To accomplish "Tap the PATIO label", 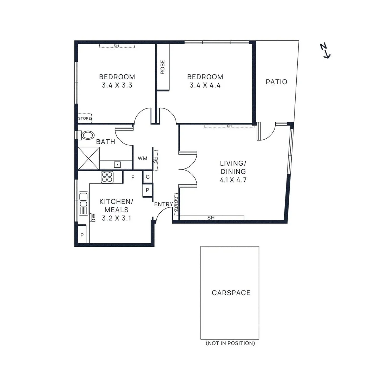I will [276, 82].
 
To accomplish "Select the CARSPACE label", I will [231, 293].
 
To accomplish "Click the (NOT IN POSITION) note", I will [230, 343].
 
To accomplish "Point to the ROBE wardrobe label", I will [163, 67].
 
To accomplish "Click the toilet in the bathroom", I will [87, 135].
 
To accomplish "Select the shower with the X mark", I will [88, 158].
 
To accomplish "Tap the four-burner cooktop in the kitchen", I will [107, 177].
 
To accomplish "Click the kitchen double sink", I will [83, 203].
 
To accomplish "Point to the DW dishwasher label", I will [93, 218].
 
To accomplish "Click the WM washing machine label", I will [142, 158].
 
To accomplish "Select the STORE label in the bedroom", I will [84, 119].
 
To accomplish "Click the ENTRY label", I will [163, 205].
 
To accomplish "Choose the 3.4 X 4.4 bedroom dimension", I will [205, 85].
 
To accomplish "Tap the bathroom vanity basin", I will [117, 164].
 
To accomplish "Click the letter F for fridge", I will [133, 178].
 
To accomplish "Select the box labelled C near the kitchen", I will [147, 177].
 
